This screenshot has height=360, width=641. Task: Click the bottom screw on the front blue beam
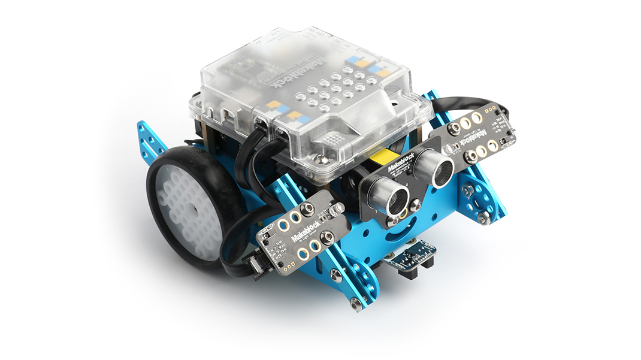(x=356, y=304)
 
